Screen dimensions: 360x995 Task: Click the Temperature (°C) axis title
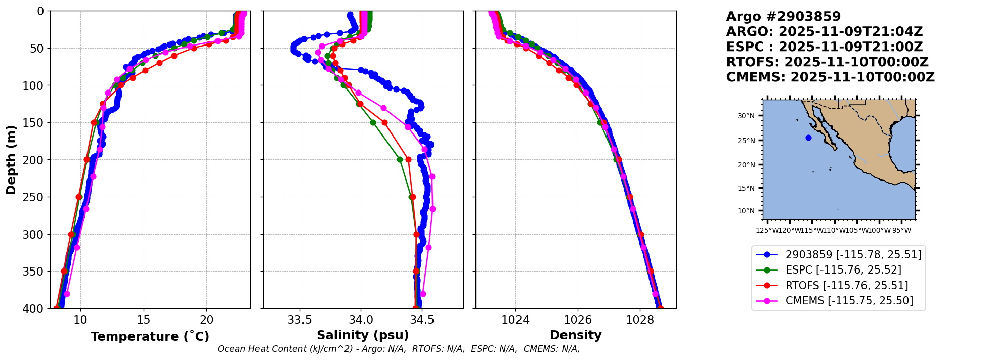point(150,337)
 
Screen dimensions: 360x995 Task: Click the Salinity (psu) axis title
point(363,335)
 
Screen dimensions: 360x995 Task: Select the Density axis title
point(576,335)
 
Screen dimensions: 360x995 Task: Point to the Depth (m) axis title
point(11,160)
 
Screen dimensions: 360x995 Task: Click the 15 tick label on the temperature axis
point(144,320)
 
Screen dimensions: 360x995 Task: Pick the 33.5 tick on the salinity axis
point(299,320)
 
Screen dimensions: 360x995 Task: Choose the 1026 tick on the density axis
point(578,320)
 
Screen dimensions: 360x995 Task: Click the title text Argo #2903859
point(783,17)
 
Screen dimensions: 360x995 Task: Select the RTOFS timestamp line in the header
point(827,62)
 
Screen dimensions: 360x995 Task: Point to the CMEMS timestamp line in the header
point(830,77)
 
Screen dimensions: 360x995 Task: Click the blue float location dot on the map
point(808,138)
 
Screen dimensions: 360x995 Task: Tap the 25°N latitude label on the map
point(746,141)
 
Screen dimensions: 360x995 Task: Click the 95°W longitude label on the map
point(901,231)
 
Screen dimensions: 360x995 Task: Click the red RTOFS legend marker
point(767,286)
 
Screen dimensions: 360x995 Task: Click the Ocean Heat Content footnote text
point(399,349)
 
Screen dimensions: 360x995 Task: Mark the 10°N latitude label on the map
point(746,211)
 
